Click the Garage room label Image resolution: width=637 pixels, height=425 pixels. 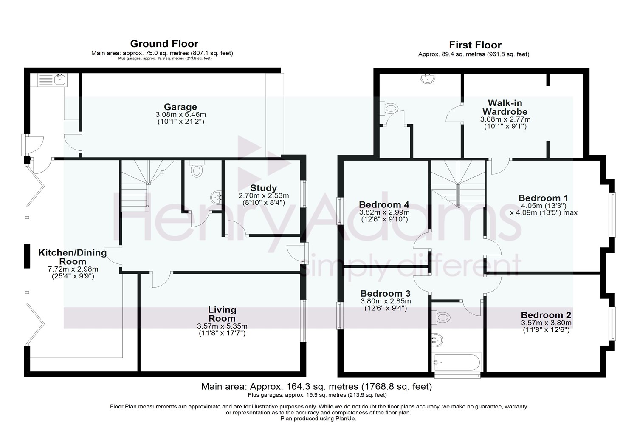click(x=180, y=107)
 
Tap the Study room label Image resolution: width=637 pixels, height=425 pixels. click(x=263, y=188)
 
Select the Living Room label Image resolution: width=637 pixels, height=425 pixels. click(x=222, y=314)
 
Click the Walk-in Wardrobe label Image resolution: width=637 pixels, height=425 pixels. click(x=505, y=107)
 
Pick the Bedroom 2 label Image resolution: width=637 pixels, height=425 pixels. click(x=546, y=315)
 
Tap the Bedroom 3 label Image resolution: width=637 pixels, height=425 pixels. click(x=385, y=294)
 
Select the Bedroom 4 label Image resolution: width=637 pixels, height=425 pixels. click(x=384, y=204)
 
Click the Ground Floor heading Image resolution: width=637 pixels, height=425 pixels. click(x=164, y=44)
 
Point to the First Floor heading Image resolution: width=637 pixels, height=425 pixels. click(x=475, y=45)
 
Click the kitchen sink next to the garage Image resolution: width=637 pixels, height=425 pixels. click(x=51, y=79)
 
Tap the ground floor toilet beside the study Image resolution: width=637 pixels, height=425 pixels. click(x=197, y=170)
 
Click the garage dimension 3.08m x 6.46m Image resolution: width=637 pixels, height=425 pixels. click(x=180, y=115)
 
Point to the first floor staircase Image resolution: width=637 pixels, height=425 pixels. click(x=458, y=183)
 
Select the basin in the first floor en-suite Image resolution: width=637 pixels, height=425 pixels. click(x=427, y=78)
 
